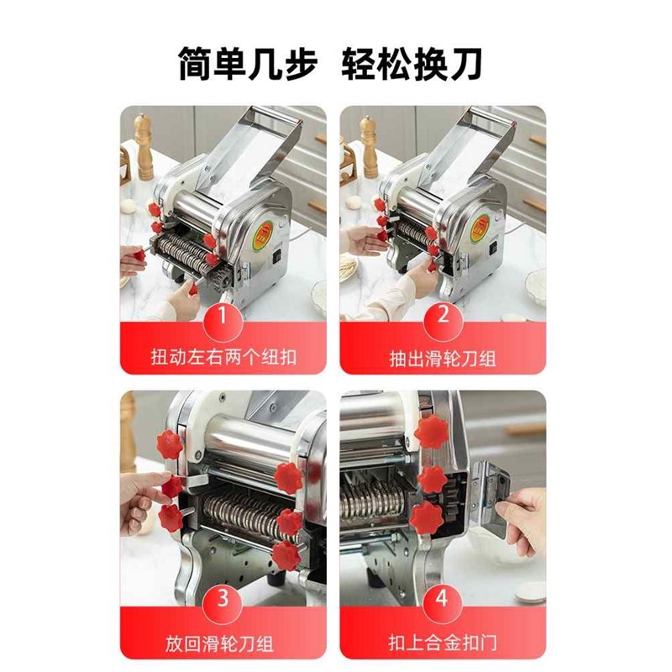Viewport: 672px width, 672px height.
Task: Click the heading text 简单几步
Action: coord(247,65)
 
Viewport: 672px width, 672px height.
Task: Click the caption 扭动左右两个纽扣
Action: coord(223,358)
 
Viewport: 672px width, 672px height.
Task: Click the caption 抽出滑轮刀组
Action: coord(443,358)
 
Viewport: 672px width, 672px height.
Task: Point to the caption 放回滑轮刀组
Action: coord(223,643)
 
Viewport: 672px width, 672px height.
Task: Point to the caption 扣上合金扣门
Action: coord(443,643)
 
